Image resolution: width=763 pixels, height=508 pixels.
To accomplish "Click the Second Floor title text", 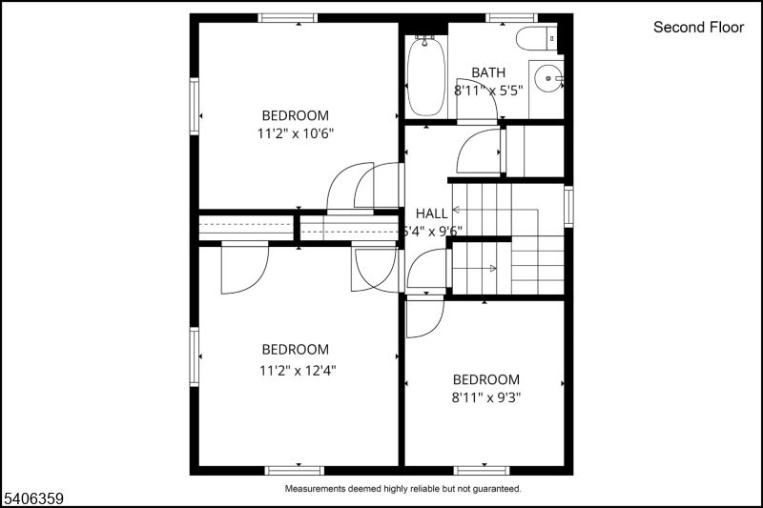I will tap(698, 28).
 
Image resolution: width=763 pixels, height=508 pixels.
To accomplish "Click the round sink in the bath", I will tap(548, 79).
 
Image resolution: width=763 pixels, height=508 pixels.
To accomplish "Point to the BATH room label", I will tap(488, 72).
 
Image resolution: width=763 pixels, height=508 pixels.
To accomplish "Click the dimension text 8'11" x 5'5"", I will tap(488, 91).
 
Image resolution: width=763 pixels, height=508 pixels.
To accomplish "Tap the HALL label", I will tap(431, 213).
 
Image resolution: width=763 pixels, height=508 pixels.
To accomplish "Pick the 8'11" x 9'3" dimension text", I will tap(485, 397).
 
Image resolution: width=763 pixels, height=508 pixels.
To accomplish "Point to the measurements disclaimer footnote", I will tap(403, 488).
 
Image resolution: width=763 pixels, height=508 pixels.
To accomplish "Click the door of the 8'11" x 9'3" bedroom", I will tap(424, 318).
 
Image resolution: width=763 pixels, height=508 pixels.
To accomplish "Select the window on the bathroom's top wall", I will tap(511, 17).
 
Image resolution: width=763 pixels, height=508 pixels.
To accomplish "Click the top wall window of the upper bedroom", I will tap(288, 17).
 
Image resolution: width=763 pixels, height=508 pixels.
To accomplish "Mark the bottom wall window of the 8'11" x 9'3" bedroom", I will tap(482, 470).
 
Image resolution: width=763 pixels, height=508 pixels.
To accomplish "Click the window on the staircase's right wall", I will tap(568, 206).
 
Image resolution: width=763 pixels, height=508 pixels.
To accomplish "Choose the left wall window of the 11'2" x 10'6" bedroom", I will tap(195, 106).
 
